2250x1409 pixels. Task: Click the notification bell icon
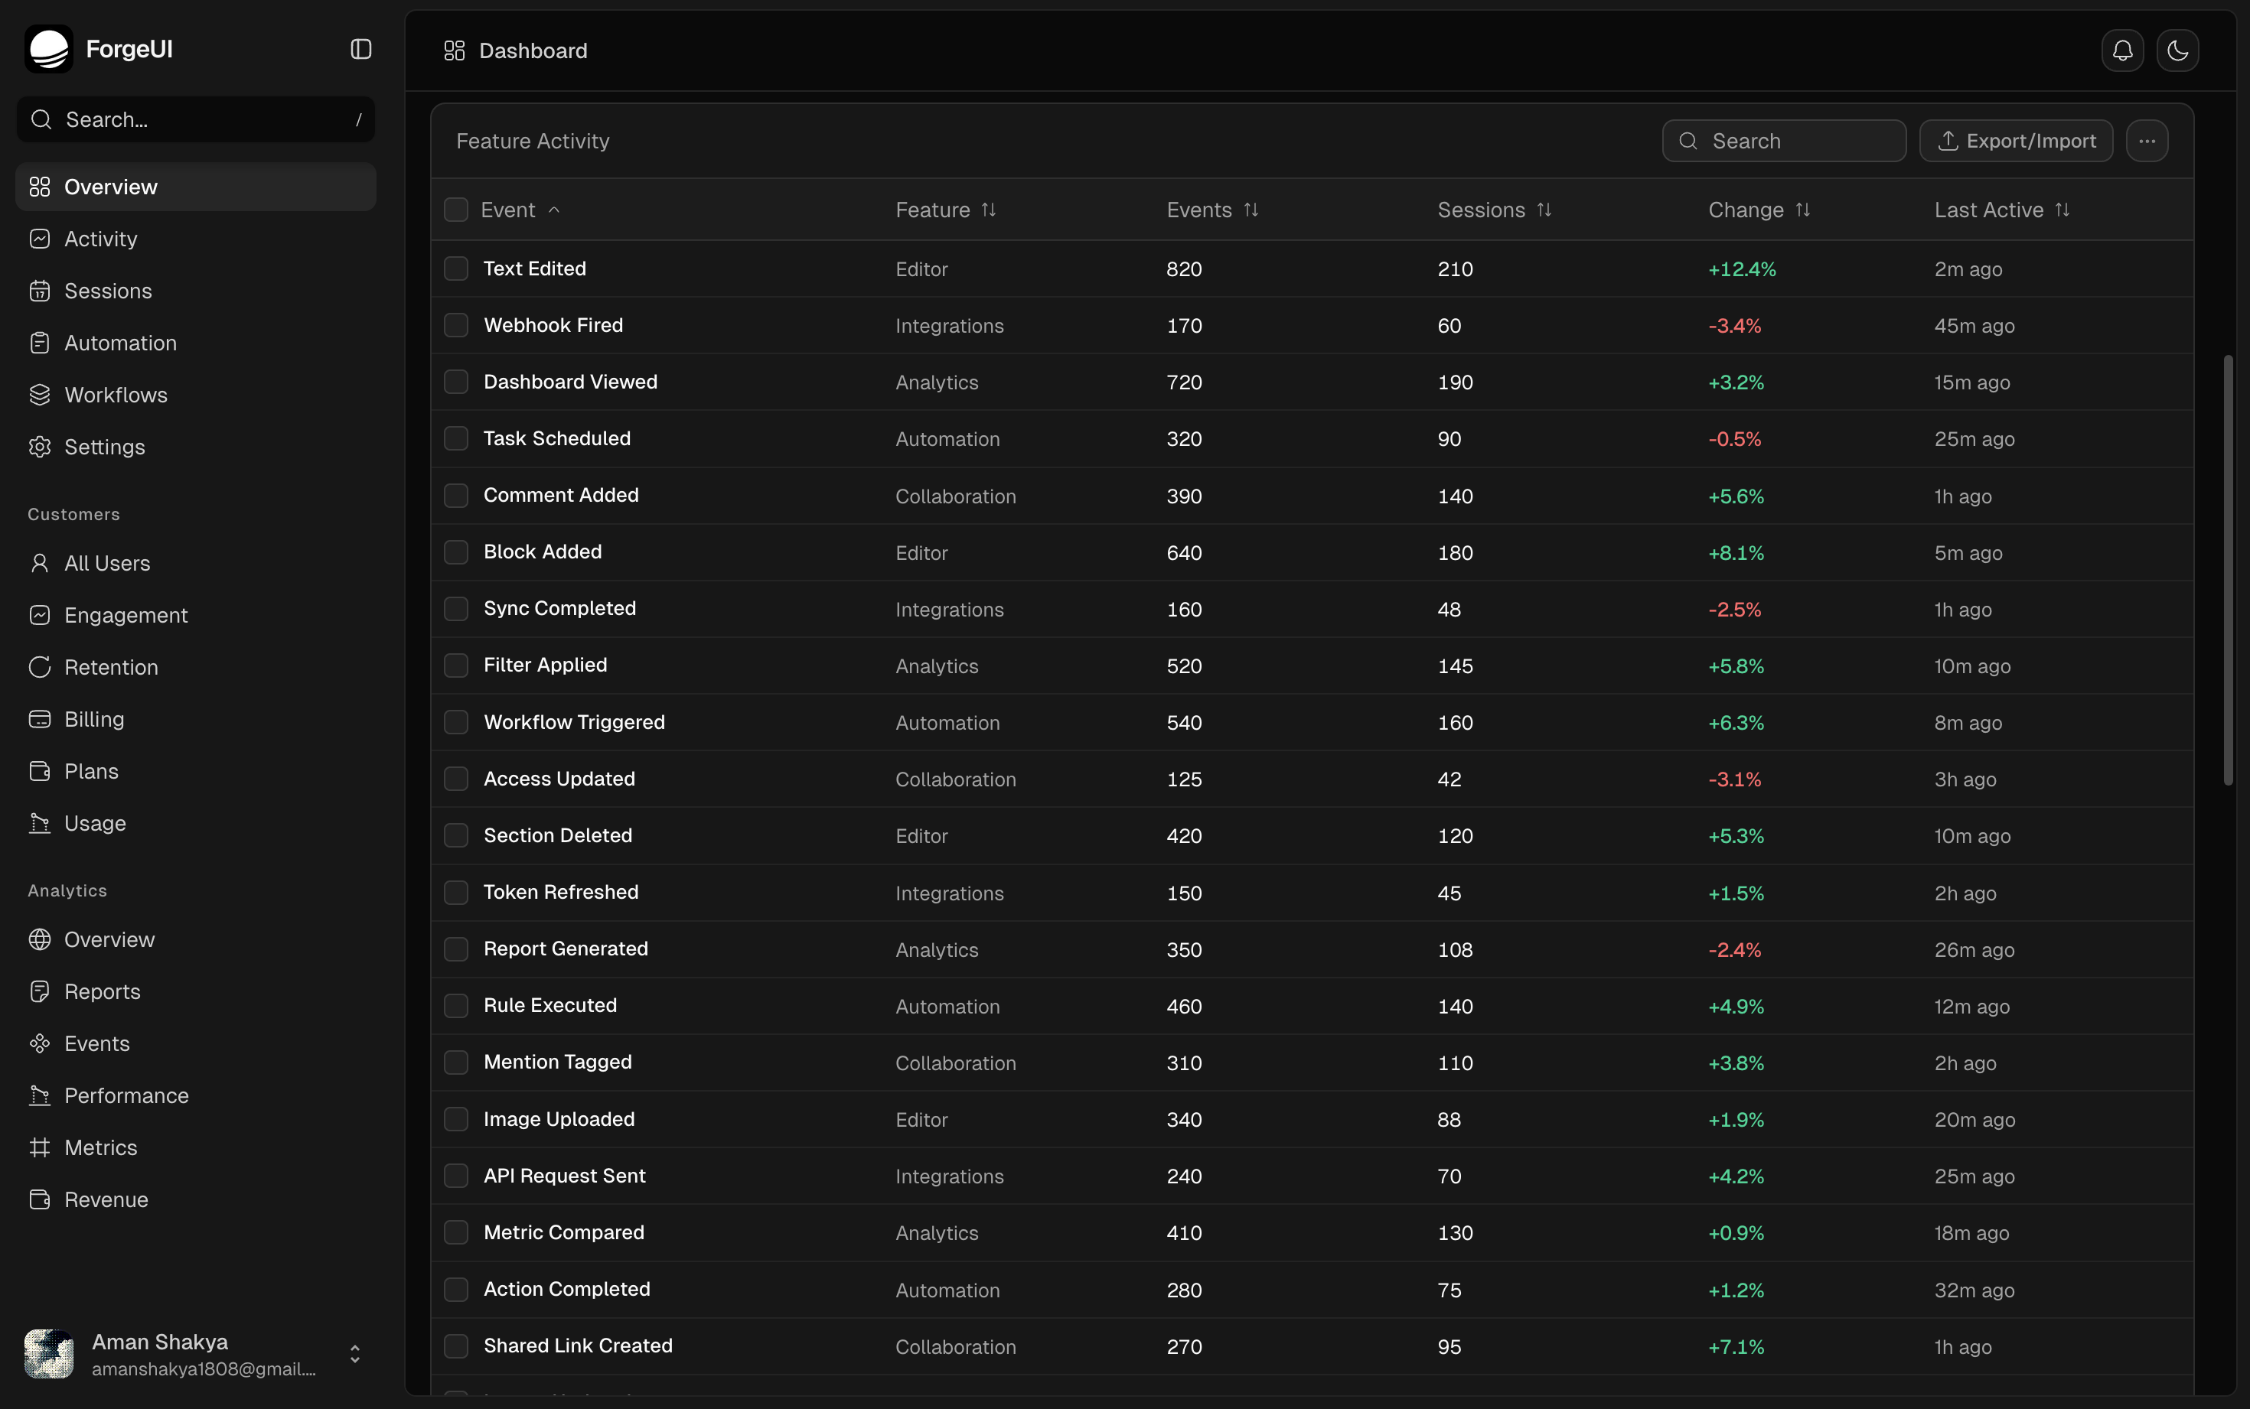point(2122,50)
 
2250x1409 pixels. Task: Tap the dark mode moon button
point(2177,50)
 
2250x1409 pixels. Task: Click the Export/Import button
point(2016,141)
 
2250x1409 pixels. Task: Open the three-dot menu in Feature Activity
point(2147,141)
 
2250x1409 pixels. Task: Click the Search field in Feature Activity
point(1784,141)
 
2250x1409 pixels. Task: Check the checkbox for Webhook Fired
point(456,325)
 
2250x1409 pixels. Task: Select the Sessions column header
point(1481,210)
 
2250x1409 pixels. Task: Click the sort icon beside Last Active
point(2062,210)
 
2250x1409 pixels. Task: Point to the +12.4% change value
point(1742,269)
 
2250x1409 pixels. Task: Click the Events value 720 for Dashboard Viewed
point(1184,382)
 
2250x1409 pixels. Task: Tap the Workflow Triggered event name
point(574,722)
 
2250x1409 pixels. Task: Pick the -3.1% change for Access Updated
point(1735,779)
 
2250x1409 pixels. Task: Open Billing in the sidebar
point(94,719)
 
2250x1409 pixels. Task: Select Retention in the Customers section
point(111,667)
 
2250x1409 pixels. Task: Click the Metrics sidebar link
point(101,1147)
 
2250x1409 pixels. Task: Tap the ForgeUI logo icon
point(48,48)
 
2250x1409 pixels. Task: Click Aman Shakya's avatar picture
point(48,1353)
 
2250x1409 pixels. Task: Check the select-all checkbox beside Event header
point(456,210)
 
